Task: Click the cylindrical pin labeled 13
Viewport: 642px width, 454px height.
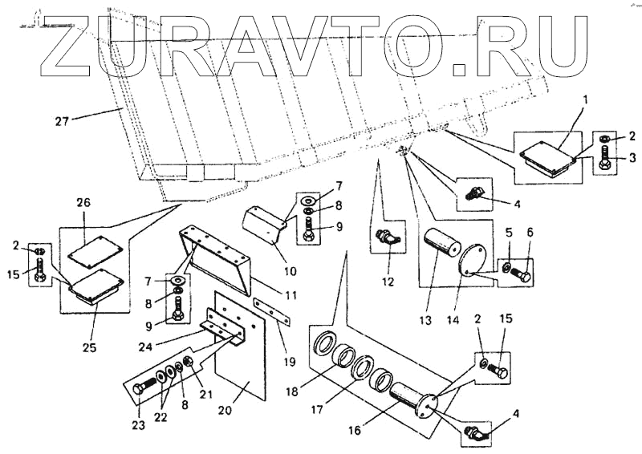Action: click(441, 246)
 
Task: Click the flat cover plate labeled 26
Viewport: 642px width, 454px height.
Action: click(90, 251)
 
